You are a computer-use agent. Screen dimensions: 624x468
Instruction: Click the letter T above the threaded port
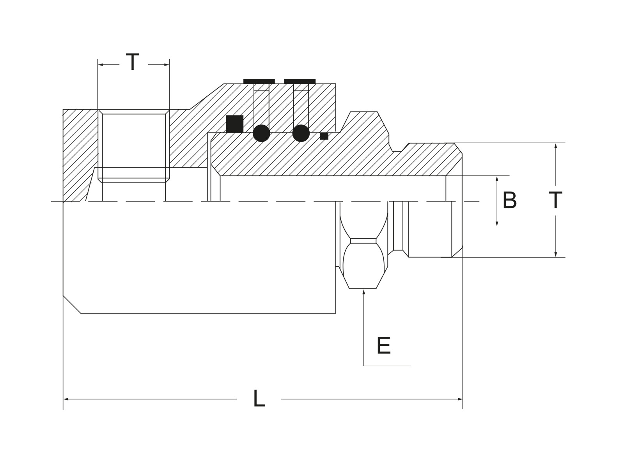(133, 62)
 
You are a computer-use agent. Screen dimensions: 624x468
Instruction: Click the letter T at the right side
(555, 200)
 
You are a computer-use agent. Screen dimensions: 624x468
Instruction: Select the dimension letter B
(509, 200)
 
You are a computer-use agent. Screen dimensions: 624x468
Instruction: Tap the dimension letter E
(383, 346)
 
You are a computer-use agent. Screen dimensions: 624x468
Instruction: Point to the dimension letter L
(259, 398)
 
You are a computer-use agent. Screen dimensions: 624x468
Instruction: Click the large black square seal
(234, 124)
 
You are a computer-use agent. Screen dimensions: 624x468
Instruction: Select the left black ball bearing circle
(261, 133)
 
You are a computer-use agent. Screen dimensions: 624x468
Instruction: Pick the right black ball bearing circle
(301, 133)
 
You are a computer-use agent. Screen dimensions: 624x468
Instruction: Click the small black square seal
(324, 136)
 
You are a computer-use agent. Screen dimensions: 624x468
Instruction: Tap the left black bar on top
(259, 81)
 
